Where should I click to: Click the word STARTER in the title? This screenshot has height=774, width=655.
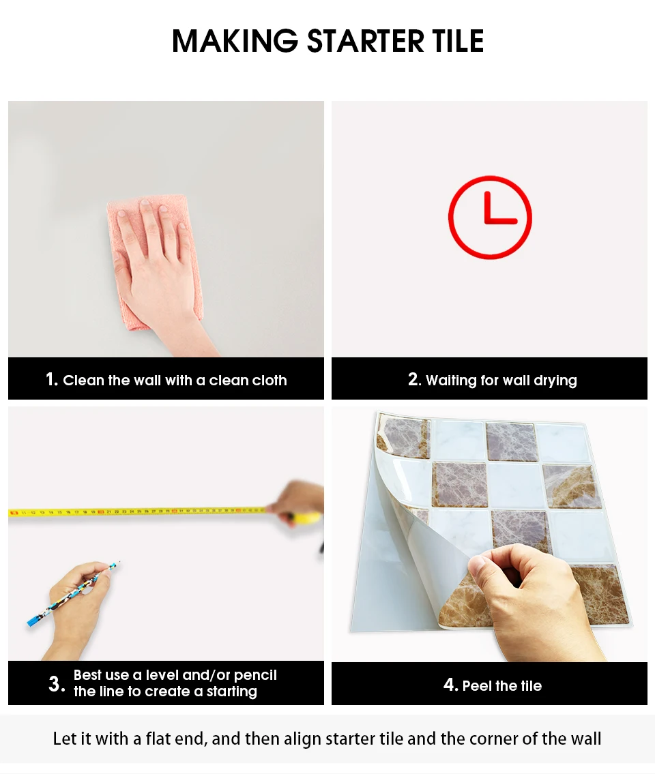pyautogui.click(x=366, y=41)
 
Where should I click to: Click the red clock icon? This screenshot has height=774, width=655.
pyautogui.click(x=490, y=217)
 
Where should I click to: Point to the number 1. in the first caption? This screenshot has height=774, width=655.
pyautogui.click(x=52, y=380)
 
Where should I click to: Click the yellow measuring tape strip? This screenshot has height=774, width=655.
pyautogui.click(x=139, y=512)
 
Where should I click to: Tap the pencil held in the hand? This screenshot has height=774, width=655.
pyautogui.click(x=73, y=595)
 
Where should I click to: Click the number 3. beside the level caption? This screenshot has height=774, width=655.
pyautogui.click(x=57, y=684)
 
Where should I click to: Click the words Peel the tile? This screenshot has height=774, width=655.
pyautogui.click(x=502, y=685)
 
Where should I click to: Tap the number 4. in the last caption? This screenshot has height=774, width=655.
pyautogui.click(x=450, y=685)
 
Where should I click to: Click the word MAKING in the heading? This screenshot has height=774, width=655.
pyautogui.click(x=235, y=41)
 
